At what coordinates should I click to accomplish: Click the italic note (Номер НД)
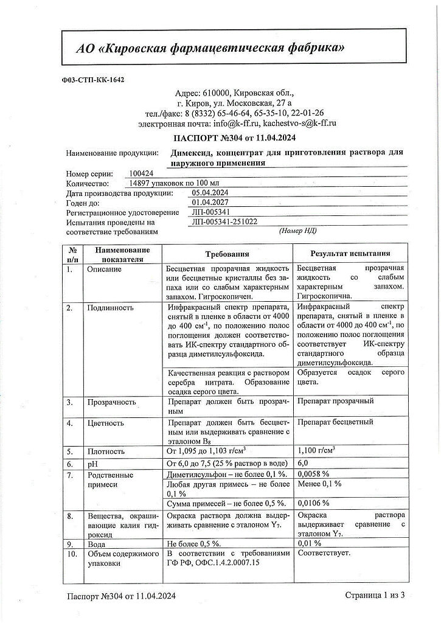point(297,231)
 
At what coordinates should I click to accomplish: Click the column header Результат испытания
point(350,254)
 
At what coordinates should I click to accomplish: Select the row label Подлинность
point(110,307)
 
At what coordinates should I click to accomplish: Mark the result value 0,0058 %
point(313,473)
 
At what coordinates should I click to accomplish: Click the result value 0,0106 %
point(313,503)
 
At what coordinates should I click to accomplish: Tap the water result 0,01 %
point(308,543)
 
